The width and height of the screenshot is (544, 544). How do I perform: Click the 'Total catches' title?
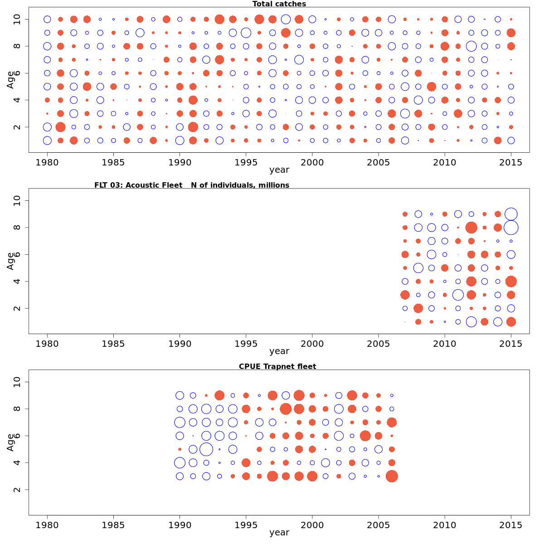279,4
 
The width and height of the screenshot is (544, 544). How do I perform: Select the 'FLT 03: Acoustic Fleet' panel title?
191,185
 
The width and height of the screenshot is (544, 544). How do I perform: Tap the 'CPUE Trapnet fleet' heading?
277,366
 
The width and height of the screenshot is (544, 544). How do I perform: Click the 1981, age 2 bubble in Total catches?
60,127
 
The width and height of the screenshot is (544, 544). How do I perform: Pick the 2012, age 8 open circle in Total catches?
471,46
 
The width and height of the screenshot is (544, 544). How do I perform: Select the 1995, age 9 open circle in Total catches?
246,33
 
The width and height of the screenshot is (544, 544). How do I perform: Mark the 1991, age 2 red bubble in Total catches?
193,127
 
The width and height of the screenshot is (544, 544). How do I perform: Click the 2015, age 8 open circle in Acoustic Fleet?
511,227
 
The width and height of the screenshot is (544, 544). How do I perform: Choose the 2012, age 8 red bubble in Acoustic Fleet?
471,227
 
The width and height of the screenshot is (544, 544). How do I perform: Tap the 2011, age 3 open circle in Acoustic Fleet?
458,295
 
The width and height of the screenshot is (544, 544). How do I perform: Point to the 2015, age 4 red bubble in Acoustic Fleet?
511,282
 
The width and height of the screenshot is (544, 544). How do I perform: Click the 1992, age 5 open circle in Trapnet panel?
206,449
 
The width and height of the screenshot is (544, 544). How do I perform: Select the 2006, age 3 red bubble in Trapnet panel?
392,476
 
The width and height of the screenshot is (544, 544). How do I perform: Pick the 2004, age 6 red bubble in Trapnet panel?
365,436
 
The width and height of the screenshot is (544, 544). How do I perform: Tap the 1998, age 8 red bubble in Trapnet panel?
286,409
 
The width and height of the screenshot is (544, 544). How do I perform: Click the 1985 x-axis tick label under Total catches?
113,162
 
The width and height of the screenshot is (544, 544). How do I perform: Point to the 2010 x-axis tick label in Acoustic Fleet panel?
445,344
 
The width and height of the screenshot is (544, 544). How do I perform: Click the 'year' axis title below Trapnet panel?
279,532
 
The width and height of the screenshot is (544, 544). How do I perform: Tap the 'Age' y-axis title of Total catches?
10,80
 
